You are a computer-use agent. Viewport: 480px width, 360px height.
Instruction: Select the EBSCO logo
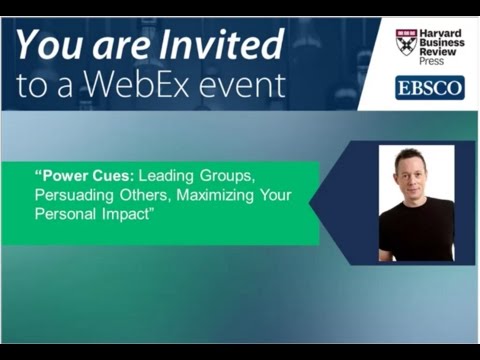point(429,87)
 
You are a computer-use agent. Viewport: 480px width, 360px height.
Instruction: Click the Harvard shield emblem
point(405,41)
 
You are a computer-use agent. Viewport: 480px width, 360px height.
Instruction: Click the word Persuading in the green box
point(73,194)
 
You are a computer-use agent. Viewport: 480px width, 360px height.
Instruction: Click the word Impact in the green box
point(124,213)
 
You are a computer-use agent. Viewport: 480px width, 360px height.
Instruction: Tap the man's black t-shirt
point(415,232)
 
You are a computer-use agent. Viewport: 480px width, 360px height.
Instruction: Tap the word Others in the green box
point(139,194)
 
